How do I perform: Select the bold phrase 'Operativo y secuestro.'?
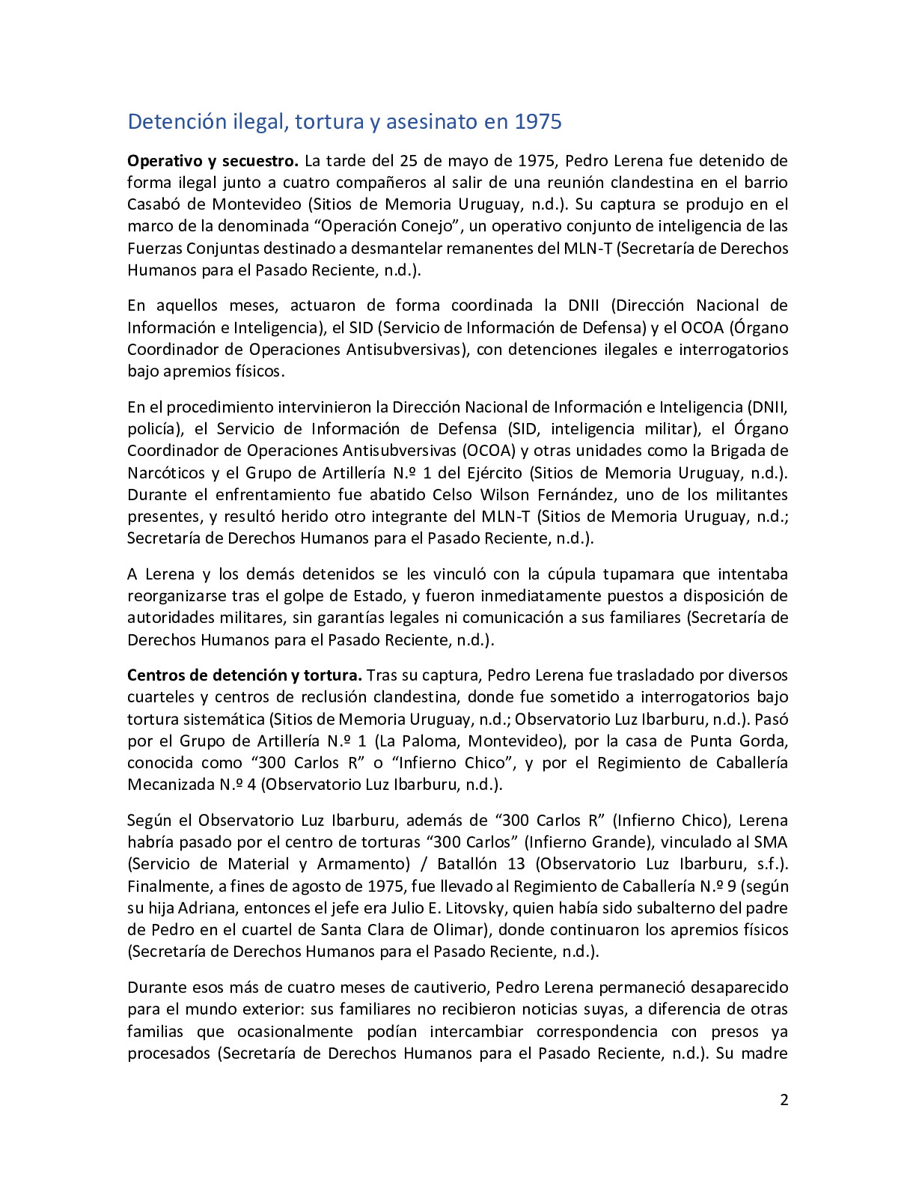[213, 161]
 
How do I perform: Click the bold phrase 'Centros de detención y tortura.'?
[245, 675]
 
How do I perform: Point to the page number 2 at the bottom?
[784, 1100]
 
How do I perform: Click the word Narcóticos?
[166, 473]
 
